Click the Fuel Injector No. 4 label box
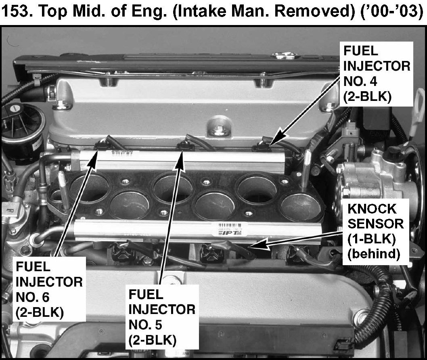pos(376,74)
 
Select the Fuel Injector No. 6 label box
pos(49,289)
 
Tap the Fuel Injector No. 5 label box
pos(162,317)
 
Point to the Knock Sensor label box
pos(375,232)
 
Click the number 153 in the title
pos(16,12)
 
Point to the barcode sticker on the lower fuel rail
pos(230,229)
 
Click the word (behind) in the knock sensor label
pos(374,254)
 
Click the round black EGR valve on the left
pos(21,128)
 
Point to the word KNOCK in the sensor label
pos(372,209)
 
